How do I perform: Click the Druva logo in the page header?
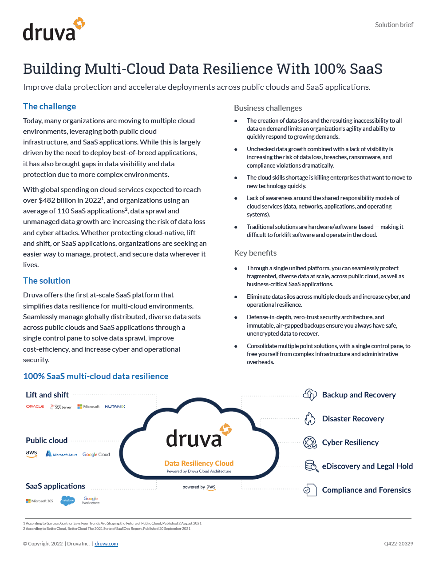click(54, 30)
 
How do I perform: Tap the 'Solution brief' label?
click(394, 25)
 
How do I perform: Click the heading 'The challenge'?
click(50, 107)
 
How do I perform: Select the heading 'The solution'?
click(47, 281)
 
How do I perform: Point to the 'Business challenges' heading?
click(268, 108)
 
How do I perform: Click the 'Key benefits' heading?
click(255, 253)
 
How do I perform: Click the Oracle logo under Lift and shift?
click(35, 407)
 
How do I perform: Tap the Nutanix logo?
click(115, 407)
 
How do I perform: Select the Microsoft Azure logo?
click(62, 454)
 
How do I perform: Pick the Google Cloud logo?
click(96, 454)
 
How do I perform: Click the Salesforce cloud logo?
click(67, 501)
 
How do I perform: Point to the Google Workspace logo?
click(91, 501)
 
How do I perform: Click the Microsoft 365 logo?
click(40, 501)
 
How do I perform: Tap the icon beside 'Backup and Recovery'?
click(310, 395)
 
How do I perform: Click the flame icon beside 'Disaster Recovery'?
click(309, 419)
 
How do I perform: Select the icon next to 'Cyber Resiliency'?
click(310, 443)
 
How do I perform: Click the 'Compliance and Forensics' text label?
click(366, 490)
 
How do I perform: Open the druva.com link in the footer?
click(106, 544)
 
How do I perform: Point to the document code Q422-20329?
click(399, 544)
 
